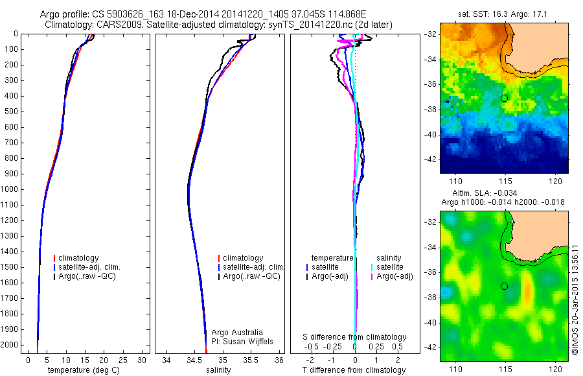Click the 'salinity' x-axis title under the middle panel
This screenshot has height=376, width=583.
pos(218,370)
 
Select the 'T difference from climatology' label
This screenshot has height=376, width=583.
pos(354,370)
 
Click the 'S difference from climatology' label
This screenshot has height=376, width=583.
pos(355,337)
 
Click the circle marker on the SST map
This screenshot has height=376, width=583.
pos(504,98)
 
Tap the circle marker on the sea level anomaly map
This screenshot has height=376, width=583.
pos(504,286)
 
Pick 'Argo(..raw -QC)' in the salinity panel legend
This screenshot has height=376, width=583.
pos(251,276)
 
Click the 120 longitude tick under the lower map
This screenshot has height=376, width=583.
pos(553,369)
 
